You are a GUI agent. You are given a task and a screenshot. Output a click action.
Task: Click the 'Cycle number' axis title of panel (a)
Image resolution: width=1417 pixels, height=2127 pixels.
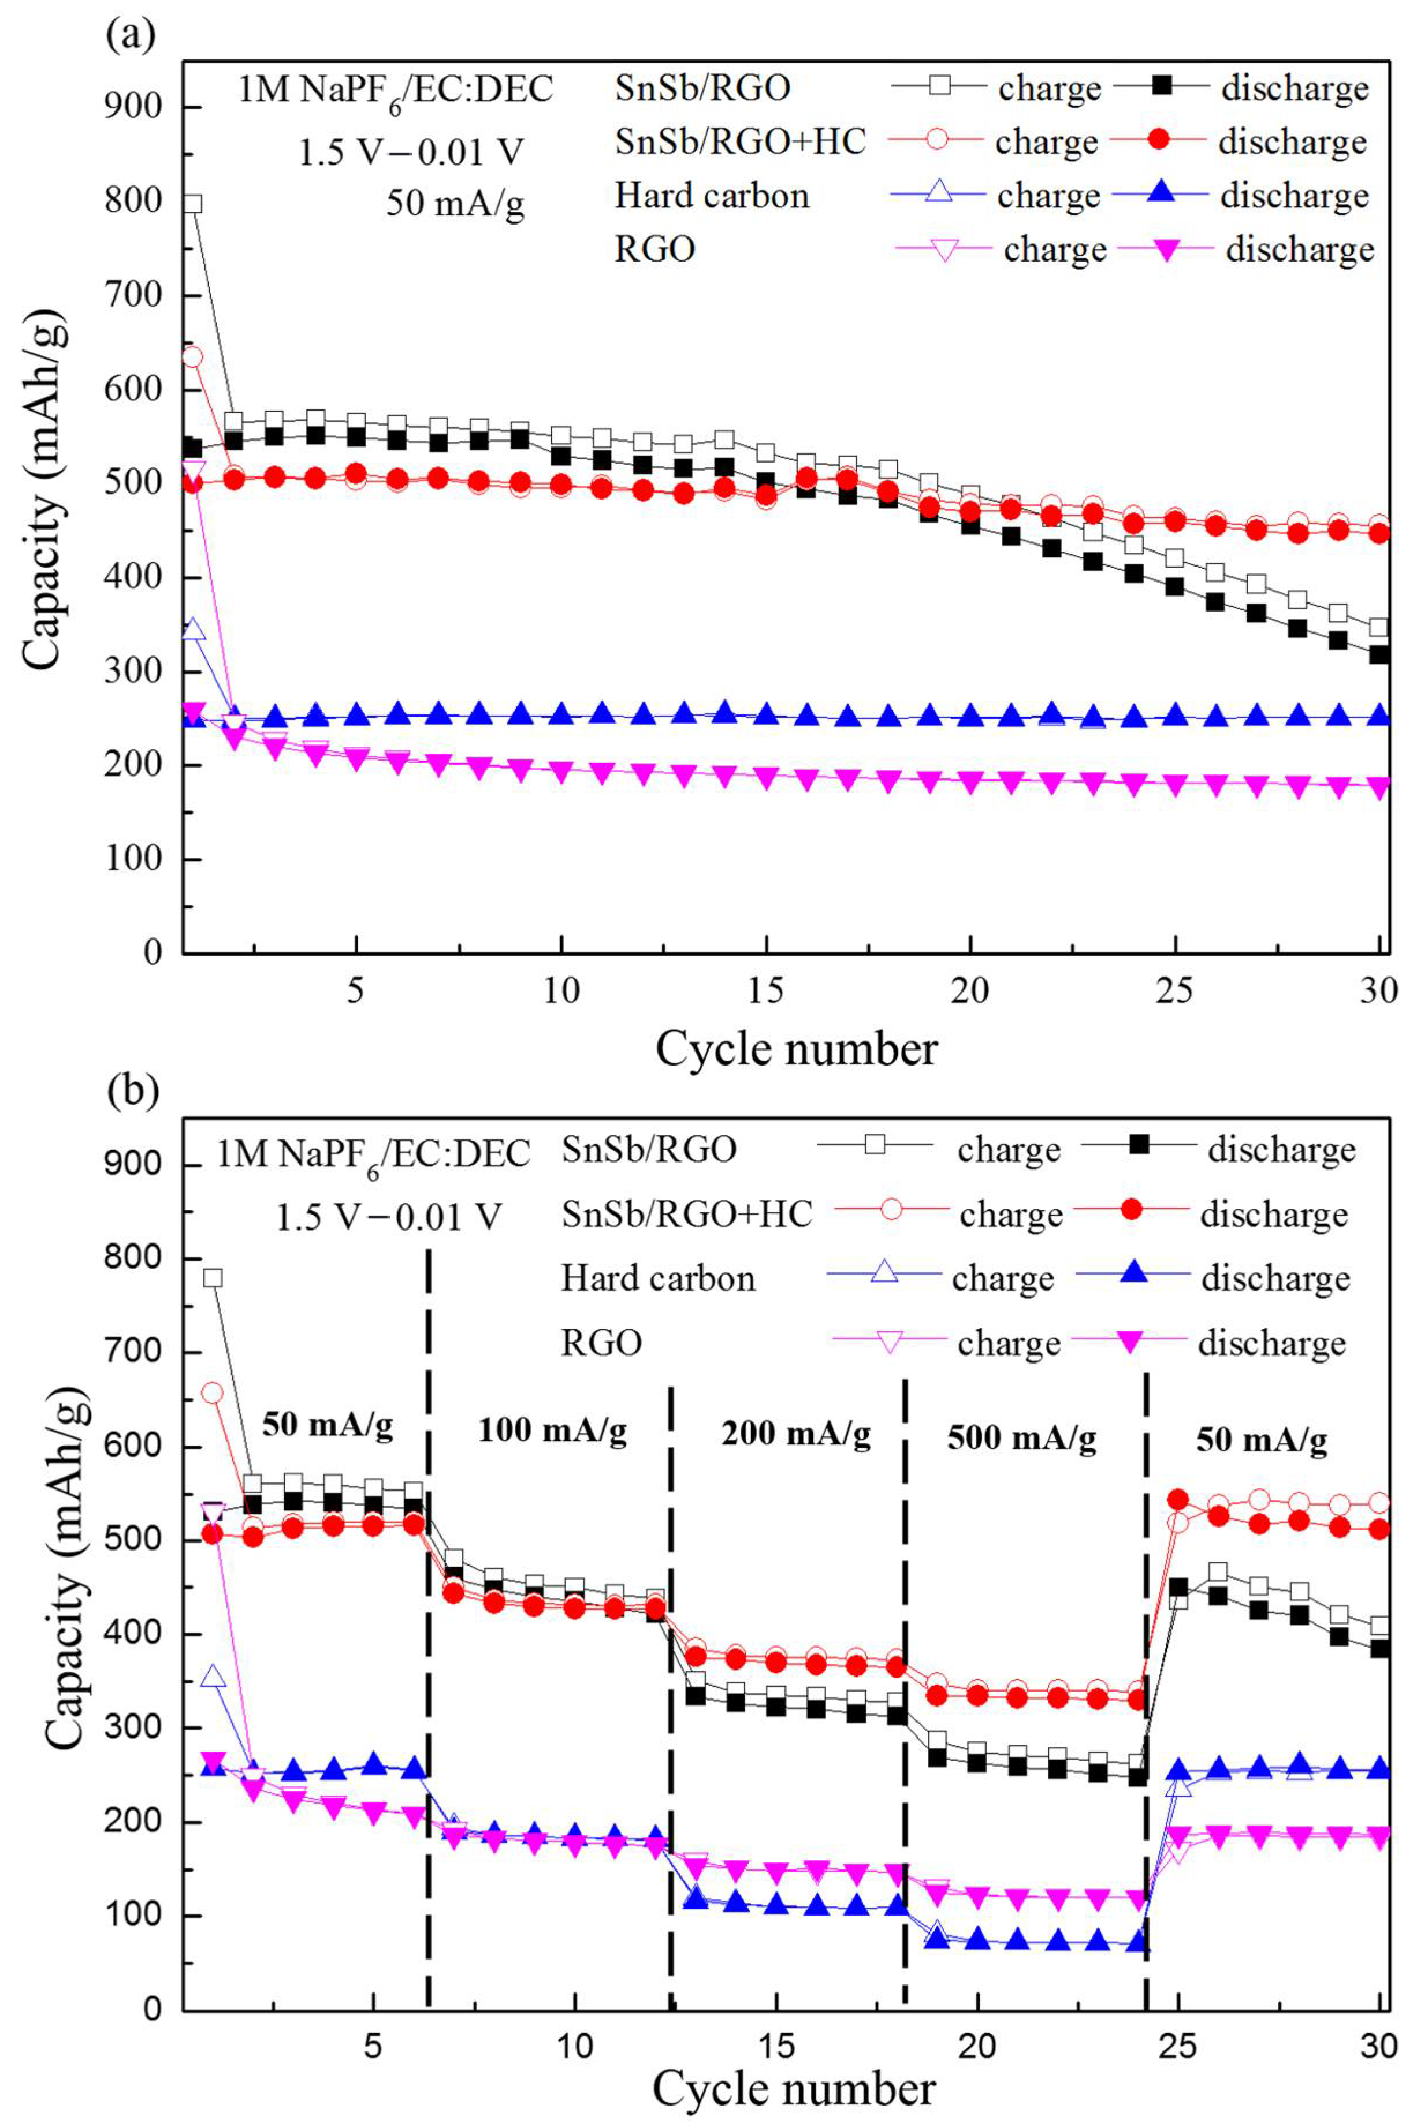[796, 1049]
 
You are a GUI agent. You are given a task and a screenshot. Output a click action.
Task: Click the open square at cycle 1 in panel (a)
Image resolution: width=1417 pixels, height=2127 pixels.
[192, 204]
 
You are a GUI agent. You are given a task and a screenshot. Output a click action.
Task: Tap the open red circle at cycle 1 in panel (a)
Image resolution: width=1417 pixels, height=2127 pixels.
[192, 357]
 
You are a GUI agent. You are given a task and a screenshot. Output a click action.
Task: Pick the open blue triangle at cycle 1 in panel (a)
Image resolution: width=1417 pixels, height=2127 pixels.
[192, 630]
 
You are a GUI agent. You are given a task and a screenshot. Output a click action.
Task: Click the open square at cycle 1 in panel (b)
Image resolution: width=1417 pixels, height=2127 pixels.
[213, 1277]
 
